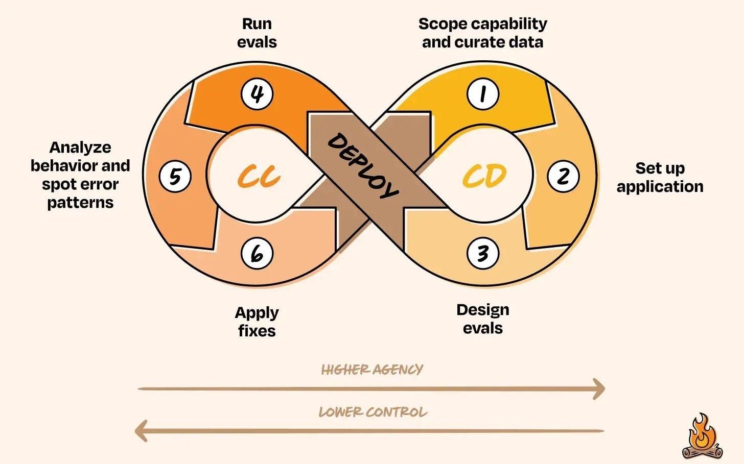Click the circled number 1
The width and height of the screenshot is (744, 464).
[x=483, y=94]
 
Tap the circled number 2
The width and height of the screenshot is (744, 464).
[x=563, y=176]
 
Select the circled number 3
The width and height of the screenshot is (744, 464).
[x=483, y=253]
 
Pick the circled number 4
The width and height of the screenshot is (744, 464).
[x=257, y=94]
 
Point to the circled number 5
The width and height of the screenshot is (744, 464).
[x=175, y=176]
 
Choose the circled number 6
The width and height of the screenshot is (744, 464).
[x=257, y=253]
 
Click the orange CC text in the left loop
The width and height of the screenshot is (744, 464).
[x=259, y=177]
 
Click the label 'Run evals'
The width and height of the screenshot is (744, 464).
[x=257, y=33]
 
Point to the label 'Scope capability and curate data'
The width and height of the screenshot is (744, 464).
[x=483, y=33]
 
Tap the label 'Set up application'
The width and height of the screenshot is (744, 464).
[x=660, y=177]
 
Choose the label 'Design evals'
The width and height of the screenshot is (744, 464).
[x=483, y=319]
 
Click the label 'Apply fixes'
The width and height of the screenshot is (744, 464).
[x=257, y=321]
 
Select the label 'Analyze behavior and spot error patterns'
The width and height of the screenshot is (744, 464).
[x=80, y=175]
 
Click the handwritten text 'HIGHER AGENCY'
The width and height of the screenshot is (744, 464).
[x=372, y=369]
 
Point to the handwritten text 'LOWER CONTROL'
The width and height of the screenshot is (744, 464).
[x=373, y=412]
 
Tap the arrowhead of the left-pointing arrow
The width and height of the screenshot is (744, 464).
[x=141, y=431]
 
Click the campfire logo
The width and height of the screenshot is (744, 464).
[x=703, y=437]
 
